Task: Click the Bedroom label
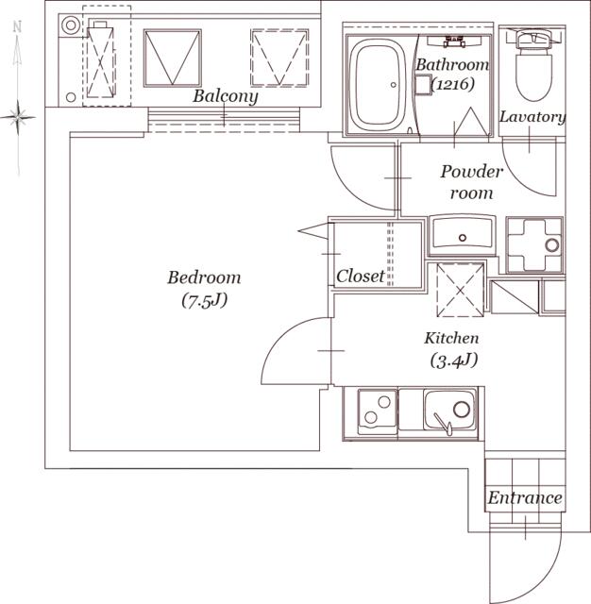(204, 277)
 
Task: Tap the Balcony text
(226, 96)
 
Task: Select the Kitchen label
(452, 338)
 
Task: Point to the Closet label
(361, 276)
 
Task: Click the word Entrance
(525, 497)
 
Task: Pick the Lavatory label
(532, 117)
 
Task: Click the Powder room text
(471, 182)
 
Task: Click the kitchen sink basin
(449, 410)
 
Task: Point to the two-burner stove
(378, 411)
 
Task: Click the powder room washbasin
(462, 233)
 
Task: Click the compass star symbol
(18, 117)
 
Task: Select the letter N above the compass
(17, 27)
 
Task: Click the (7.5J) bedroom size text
(204, 301)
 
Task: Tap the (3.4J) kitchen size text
(454, 361)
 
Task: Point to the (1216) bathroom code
(452, 84)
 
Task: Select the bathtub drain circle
(394, 85)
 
